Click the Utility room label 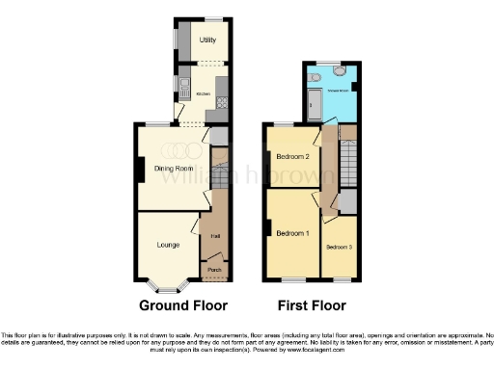206,40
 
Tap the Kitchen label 204,93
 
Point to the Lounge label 169,245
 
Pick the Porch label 213,270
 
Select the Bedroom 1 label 293,233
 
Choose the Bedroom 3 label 340,247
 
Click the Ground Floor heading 183,305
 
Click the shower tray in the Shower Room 314,100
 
